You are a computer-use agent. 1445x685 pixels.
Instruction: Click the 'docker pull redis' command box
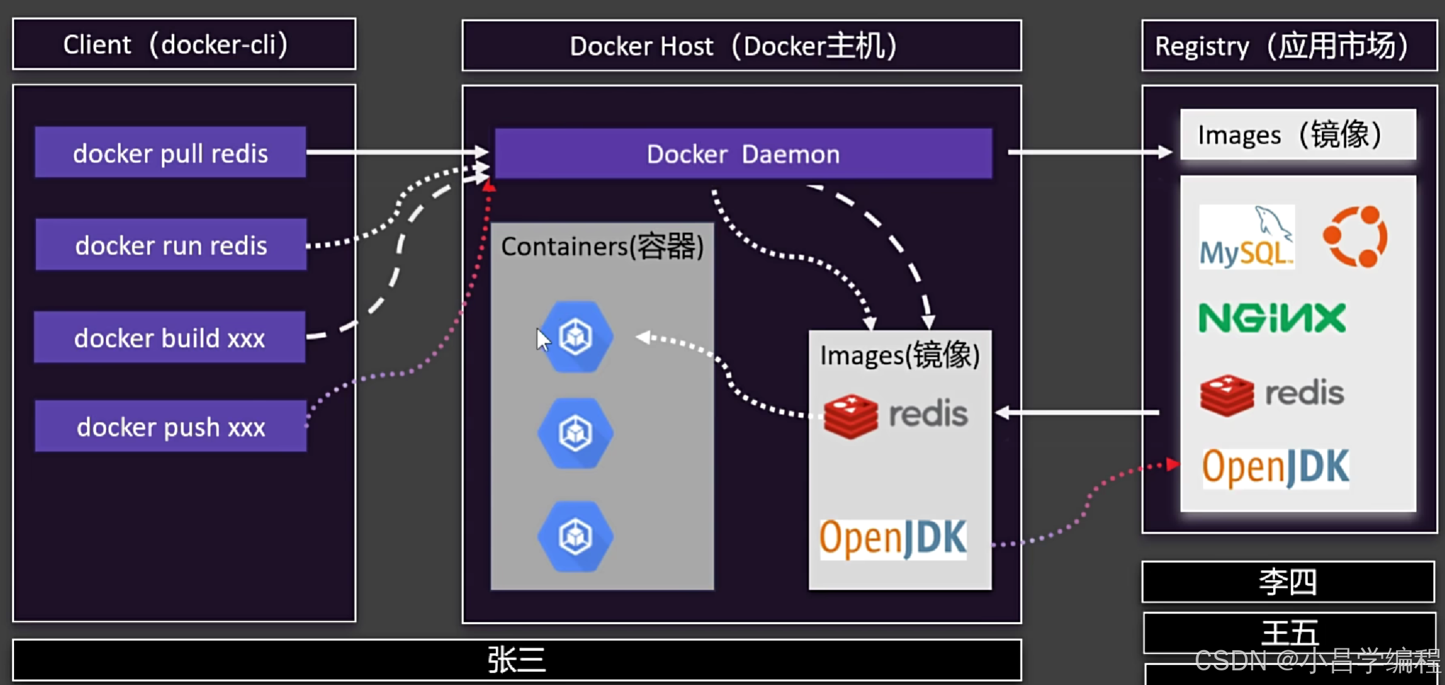tap(171, 152)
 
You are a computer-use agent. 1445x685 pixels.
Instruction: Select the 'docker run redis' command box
tap(171, 245)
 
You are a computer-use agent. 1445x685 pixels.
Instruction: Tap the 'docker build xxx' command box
tap(170, 337)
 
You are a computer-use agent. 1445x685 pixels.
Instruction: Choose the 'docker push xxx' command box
tap(171, 426)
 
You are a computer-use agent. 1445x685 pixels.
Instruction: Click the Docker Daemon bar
tap(744, 154)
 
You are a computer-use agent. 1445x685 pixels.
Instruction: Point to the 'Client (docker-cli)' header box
tap(184, 44)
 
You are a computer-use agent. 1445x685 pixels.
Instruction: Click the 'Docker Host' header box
tap(742, 46)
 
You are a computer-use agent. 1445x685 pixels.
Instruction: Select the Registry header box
tap(1290, 46)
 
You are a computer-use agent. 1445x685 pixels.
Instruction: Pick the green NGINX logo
tap(1272, 318)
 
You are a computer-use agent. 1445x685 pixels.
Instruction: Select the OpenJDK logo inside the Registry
tap(1276, 468)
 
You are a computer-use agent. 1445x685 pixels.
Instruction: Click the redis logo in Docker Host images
tap(895, 415)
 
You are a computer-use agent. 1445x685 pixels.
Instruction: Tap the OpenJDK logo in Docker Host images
tap(893, 539)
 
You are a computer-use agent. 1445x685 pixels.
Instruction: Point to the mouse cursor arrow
tap(542, 340)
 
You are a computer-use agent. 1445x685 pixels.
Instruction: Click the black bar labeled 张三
tap(517, 660)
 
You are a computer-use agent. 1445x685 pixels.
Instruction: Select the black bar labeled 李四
tap(1288, 582)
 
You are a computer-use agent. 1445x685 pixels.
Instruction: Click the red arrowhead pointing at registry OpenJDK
tap(1173, 464)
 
